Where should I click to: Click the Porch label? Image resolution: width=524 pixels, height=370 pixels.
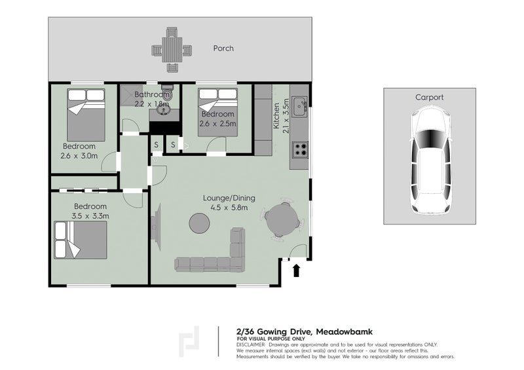tap(223, 48)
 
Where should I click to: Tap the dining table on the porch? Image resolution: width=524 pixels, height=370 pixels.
tap(172, 50)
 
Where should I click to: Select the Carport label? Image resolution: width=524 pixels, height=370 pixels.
tap(430, 98)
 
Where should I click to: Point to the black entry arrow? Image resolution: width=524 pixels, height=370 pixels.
tap(296, 270)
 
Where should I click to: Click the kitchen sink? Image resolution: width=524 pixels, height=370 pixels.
tap(299, 106)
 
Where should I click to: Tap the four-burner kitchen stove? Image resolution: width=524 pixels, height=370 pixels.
tap(300, 150)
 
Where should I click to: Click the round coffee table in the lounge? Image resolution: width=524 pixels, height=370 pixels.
tap(199, 223)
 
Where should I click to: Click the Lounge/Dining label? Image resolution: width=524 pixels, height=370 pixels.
tap(229, 198)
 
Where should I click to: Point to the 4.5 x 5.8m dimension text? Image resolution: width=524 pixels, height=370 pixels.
tap(229, 208)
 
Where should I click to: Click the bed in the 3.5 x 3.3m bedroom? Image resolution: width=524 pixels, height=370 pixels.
tap(81, 240)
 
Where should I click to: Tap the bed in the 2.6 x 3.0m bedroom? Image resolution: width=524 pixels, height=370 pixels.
tap(86, 115)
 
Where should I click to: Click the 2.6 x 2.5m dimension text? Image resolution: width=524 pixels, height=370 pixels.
tap(217, 124)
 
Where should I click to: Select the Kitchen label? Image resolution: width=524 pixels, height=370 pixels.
tap(276, 116)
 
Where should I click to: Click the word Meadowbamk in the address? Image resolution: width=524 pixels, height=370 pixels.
tap(345, 332)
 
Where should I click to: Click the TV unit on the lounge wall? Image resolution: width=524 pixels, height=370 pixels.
tap(156, 227)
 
